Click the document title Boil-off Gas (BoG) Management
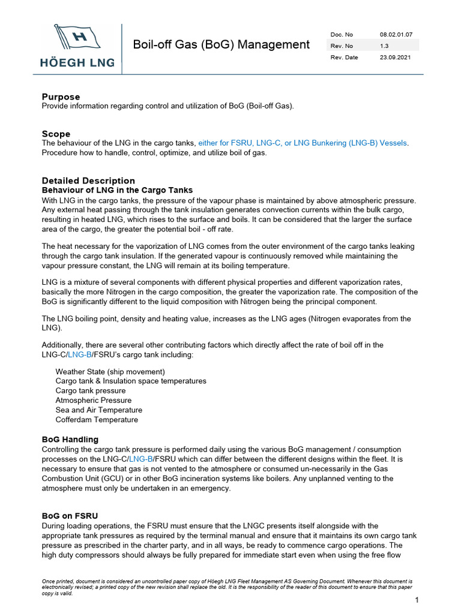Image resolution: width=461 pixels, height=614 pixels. [x=221, y=45]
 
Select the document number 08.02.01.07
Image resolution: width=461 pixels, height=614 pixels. [x=396, y=34]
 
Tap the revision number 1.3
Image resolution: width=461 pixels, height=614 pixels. [x=384, y=46]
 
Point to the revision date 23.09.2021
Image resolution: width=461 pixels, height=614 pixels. [x=395, y=57]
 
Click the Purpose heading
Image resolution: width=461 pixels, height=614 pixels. [x=61, y=97]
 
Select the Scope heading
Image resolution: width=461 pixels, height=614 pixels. [x=56, y=134]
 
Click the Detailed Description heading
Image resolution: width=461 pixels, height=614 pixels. [x=88, y=180]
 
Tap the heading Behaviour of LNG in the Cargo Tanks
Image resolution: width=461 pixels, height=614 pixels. [x=117, y=190]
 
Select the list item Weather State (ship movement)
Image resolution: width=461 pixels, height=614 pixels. [x=110, y=372]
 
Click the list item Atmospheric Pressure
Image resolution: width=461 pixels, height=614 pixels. [x=93, y=401]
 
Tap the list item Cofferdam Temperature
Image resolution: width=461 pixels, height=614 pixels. [x=97, y=420]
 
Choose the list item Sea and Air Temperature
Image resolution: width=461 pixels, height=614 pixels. [x=98, y=410]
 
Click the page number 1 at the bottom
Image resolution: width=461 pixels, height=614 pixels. [x=416, y=600]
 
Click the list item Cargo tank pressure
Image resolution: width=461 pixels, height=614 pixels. [x=91, y=391]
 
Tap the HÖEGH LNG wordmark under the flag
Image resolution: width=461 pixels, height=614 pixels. [x=77, y=62]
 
